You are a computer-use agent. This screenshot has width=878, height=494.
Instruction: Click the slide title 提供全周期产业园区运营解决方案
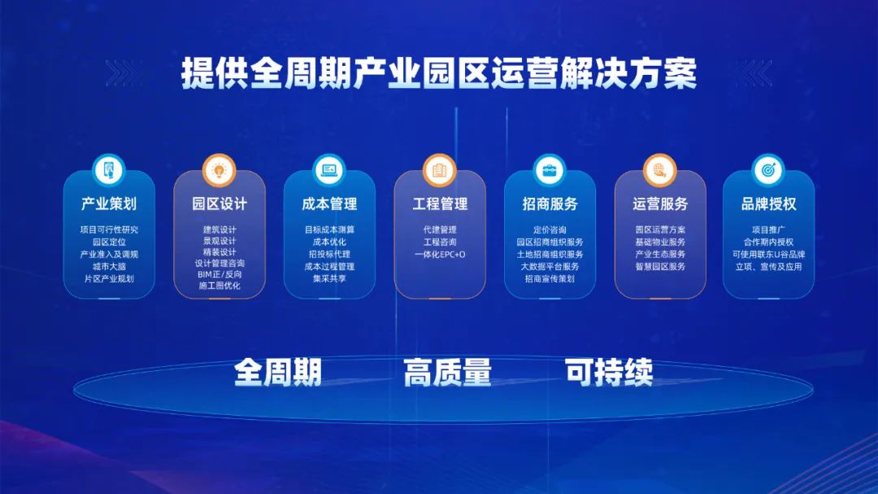click(439, 73)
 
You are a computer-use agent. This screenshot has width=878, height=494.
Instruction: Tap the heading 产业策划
click(109, 203)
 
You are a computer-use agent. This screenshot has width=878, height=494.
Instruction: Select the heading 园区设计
click(219, 203)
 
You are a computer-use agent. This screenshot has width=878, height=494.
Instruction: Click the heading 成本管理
click(329, 203)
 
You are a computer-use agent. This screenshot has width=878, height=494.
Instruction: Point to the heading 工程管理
click(440, 203)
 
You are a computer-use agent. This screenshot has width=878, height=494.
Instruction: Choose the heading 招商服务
click(550, 203)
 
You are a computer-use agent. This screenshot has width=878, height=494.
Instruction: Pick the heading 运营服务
click(660, 203)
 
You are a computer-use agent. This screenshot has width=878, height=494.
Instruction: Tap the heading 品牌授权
click(769, 203)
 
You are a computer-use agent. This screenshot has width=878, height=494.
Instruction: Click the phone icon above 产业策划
click(109, 170)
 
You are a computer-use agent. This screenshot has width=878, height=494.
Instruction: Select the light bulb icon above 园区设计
click(219, 170)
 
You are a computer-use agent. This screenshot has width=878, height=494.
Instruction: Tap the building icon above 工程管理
click(440, 170)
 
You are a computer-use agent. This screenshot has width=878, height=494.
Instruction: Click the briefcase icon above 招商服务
click(550, 170)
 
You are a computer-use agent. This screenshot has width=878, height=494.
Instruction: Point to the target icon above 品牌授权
click(769, 170)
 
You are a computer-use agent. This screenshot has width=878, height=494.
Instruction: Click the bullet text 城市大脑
click(109, 266)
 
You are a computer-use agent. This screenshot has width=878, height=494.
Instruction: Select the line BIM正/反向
click(219, 274)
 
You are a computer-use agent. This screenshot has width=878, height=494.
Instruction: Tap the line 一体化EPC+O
click(440, 254)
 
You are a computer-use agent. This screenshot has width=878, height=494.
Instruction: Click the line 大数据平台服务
click(550, 266)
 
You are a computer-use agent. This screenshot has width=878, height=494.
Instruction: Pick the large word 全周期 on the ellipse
click(278, 372)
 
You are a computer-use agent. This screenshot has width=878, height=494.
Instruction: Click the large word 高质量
click(447, 372)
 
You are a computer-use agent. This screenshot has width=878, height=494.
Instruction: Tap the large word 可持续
click(609, 372)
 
